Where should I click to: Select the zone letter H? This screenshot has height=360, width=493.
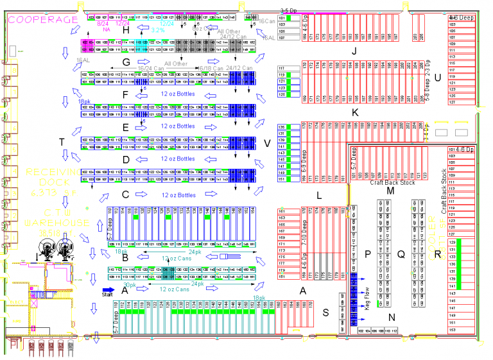click(126, 30)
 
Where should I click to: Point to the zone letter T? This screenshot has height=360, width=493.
click(62, 142)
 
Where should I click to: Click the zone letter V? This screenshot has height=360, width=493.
click(266, 142)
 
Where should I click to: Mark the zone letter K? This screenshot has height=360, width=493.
click(354, 112)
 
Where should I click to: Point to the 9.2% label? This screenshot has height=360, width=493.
click(158, 30)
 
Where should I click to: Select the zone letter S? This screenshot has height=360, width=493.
click(326, 313)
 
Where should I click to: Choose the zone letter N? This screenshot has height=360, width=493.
click(392, 316)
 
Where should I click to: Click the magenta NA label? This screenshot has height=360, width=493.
click(103, 30)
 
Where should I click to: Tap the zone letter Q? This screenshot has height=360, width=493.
click(401, 255)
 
